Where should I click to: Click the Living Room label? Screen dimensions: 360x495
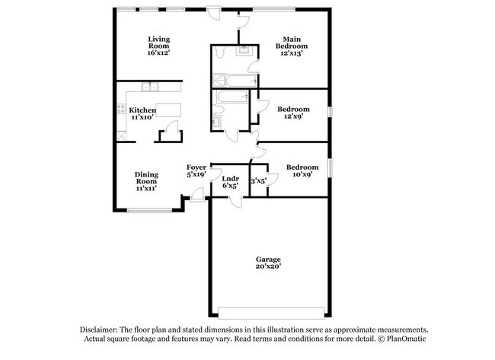click(158, 46)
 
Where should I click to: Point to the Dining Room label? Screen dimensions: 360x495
click(146, 180)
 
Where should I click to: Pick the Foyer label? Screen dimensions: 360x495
click(196, 170)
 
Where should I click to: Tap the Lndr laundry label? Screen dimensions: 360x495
click(229, 181)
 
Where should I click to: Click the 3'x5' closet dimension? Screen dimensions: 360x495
click(259, 181)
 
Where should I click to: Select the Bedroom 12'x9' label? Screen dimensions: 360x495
click(292, 113)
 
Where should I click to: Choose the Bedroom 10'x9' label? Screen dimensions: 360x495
click(302, 171)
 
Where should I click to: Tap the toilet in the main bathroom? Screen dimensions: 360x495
click(219, 52)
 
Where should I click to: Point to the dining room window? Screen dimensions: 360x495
click(148, 211)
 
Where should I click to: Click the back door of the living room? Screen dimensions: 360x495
click(216, 13)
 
